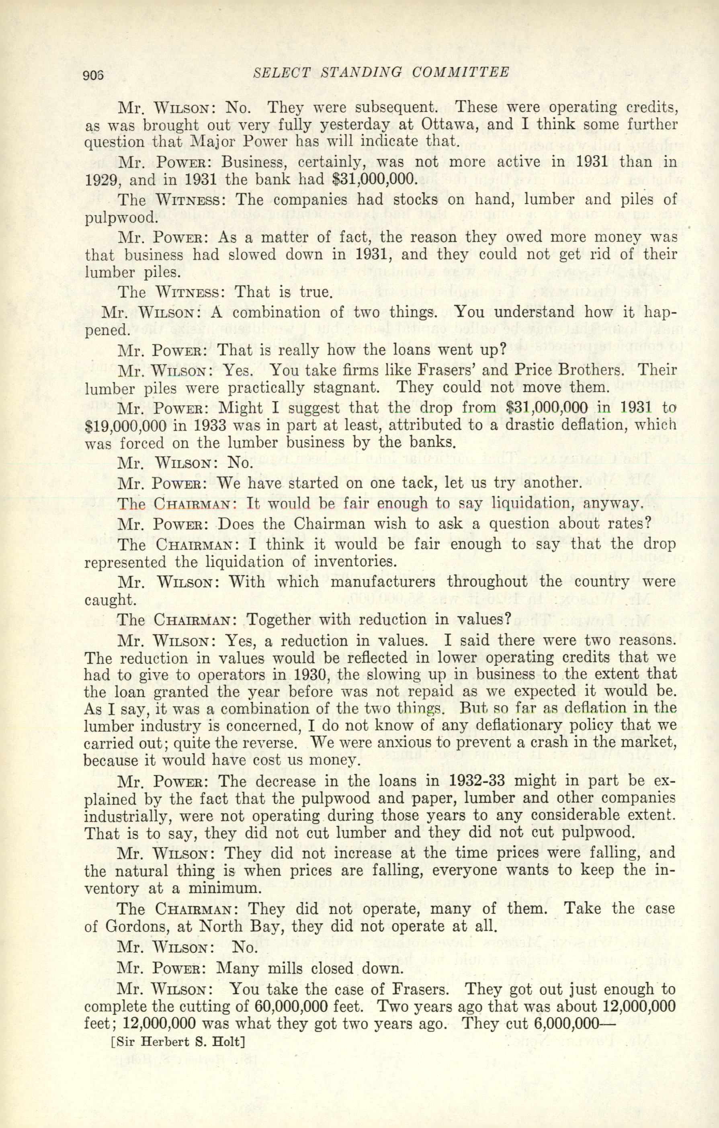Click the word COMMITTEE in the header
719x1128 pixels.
click(461, 72)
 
